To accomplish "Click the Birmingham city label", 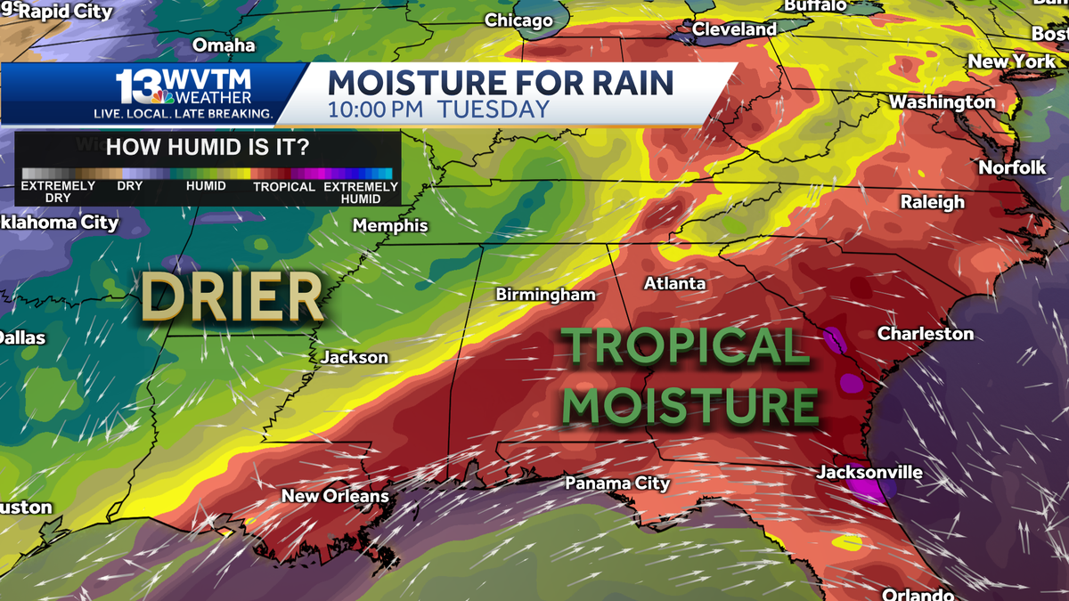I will pos(545,295).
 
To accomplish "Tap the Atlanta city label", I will pos(675,284).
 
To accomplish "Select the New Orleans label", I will pos(335,496).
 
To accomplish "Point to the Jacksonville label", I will pos(869,472).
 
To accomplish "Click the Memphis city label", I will pos(390,226).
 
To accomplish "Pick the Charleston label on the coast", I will pos(926,334).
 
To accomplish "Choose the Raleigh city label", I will pos(932,202).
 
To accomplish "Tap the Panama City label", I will pos(617,483).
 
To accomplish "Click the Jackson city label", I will pos(355,357).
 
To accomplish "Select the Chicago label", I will pos(518,20).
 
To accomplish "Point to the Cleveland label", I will pos(734,29).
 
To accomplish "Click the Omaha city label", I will pos(224,45).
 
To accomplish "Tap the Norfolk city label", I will pos(1012,167).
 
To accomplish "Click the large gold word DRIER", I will pos(233,297).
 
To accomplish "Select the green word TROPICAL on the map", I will pos(684,346).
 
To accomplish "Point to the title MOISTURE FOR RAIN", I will pos(501,83).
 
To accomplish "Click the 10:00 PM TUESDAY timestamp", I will pos(438,110).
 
